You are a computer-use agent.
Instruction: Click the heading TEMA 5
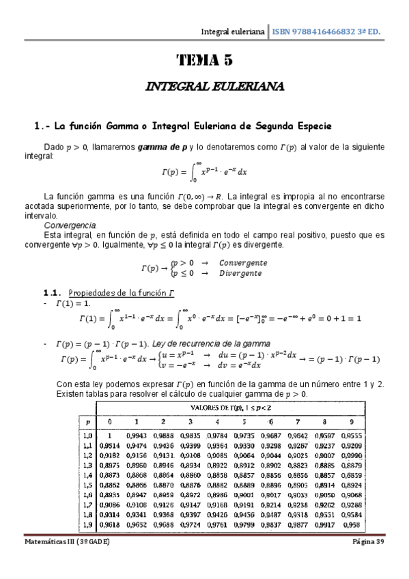click(205, 60)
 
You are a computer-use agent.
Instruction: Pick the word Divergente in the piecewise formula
click(240, 273)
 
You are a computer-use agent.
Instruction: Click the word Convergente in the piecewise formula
click(243, 263)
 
